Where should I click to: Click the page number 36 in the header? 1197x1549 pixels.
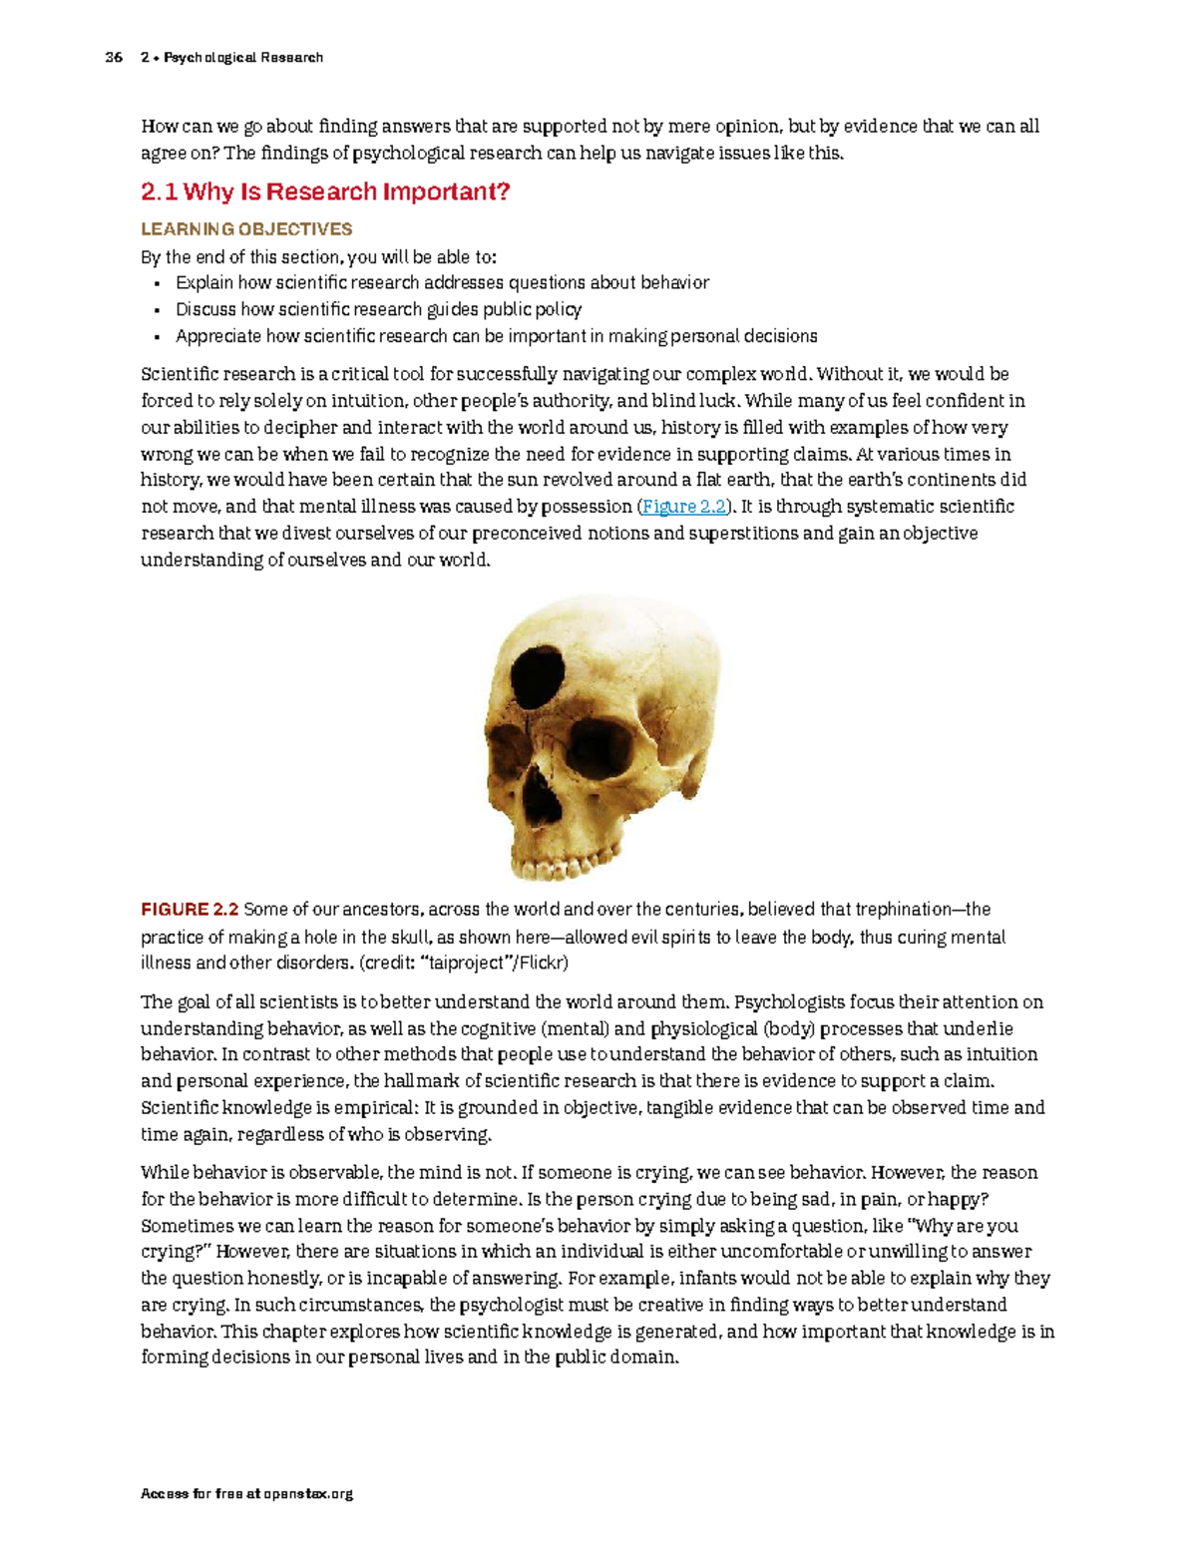[x=114, y=58]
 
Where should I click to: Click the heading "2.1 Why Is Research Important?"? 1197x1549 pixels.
[x=325, y=192]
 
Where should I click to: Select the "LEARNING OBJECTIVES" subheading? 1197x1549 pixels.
[x=246, y=229]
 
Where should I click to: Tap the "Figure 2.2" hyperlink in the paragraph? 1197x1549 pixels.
[x=684, y=507]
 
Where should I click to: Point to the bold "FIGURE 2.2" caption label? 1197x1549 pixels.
[x=190, y=910]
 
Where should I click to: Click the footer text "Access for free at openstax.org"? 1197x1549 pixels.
[x=247, y=1494]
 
